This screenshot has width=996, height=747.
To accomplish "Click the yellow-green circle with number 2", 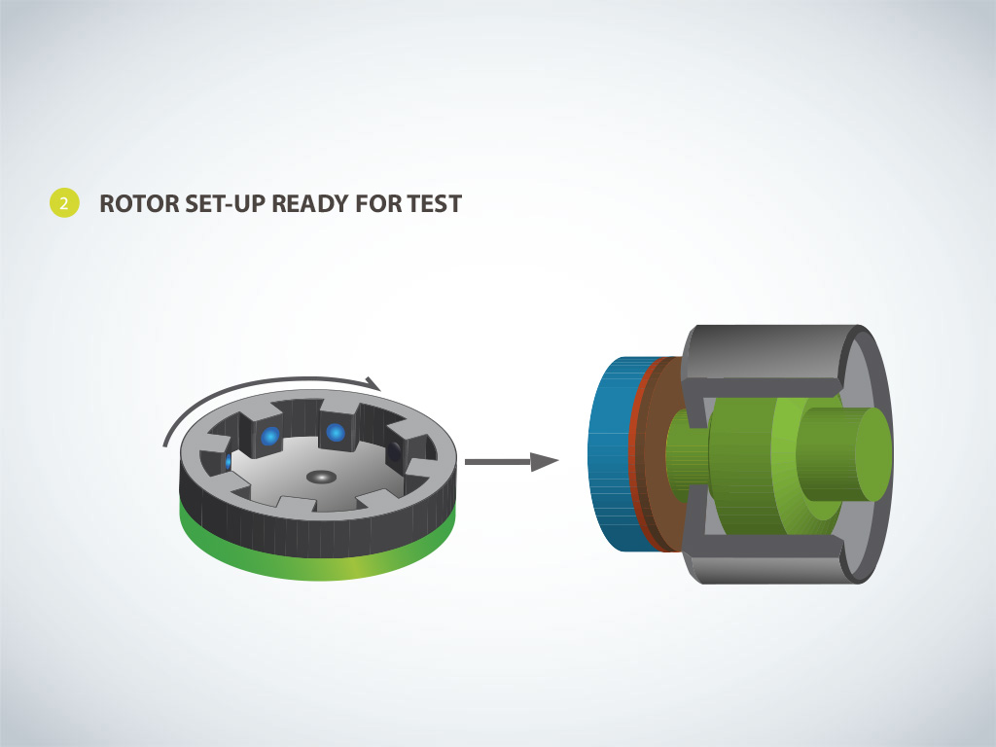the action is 64,203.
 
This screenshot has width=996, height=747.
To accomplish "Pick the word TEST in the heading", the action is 435,204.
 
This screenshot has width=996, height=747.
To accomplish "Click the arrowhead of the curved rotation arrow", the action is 373,383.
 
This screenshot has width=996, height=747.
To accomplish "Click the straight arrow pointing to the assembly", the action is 512,462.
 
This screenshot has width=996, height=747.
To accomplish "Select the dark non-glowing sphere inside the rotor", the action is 395,451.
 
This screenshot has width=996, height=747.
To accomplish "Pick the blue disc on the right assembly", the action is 611,453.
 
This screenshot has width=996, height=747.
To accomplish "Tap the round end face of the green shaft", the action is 873,454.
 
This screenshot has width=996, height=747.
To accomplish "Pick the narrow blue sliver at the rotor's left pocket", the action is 228,462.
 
